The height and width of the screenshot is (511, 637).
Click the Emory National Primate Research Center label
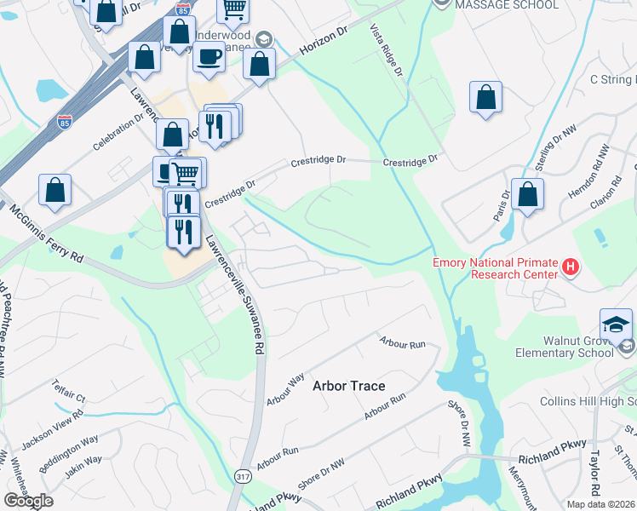[494, 268]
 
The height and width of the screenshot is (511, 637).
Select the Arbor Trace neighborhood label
[348, 386]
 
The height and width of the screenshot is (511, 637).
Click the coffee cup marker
[209, 56]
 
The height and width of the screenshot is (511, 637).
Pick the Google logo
[27, 501]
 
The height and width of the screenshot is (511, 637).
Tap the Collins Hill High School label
[588, 401]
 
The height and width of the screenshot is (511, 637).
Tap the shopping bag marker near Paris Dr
[528, 193]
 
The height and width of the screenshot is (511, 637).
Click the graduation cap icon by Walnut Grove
[616, 324]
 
